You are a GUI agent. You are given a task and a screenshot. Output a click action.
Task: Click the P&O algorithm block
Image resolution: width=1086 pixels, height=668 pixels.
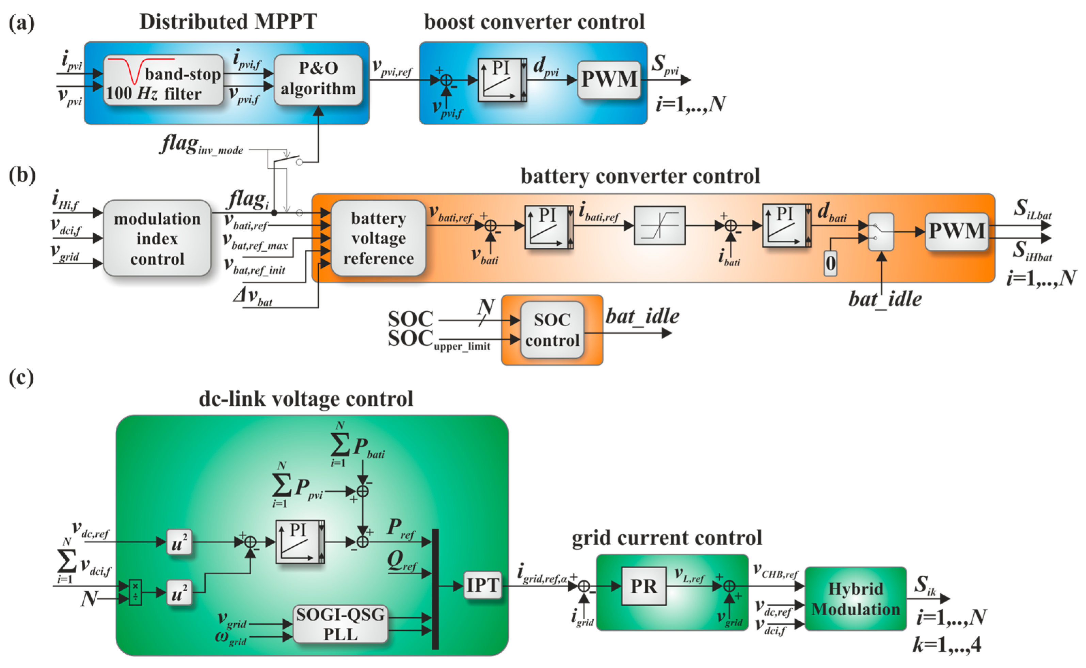(318, 79)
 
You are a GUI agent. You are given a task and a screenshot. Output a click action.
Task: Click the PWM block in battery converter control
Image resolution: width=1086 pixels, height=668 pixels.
(956, 231)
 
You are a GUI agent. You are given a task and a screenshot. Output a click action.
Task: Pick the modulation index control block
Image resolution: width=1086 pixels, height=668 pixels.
(157, 238)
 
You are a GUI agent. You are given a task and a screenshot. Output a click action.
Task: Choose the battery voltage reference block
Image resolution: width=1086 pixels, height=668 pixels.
(378, 238)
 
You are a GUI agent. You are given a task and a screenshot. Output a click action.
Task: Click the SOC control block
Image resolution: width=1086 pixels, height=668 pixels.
(552, 330)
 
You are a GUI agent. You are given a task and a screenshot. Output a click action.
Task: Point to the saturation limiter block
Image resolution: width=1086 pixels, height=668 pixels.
(659, 225)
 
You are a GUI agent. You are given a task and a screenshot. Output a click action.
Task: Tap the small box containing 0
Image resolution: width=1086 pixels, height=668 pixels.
(830, 264)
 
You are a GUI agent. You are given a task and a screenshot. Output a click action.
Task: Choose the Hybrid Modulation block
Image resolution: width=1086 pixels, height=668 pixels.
(855, 599)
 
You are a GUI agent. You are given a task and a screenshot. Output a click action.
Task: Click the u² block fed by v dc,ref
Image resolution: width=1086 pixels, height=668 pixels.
(179, 542)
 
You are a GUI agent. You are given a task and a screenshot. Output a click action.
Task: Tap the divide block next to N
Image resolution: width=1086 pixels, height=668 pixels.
(135, 592)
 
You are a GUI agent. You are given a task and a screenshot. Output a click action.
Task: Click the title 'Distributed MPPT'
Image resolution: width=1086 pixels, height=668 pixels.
(228, 22)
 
